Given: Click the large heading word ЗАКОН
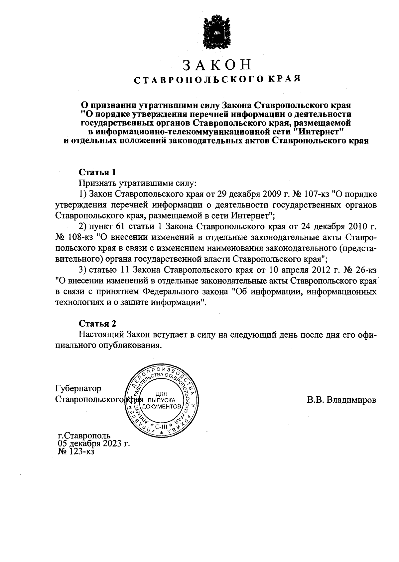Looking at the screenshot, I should point(217,65).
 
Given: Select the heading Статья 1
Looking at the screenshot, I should point(97,172).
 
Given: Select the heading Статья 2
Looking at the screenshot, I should point(97,323).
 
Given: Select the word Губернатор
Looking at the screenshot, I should point(78,388).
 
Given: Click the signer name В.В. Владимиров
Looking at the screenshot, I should point(341,400).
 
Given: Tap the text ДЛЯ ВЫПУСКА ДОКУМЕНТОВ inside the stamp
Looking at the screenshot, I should point(162,400).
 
